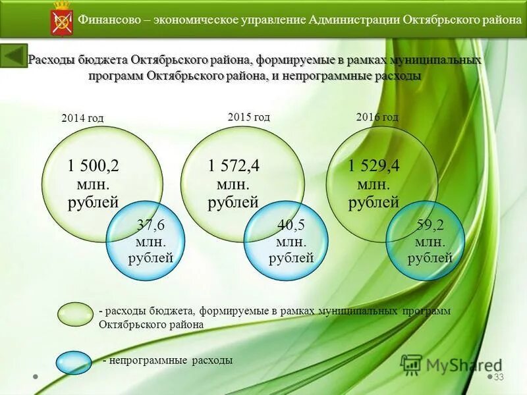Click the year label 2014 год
pos(82,118)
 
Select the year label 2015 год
pos(249,117)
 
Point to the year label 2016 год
pos(377,117)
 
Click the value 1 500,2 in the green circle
pos(94,167)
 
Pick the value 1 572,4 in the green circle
pos(233,166)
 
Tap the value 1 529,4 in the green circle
pos(374,166)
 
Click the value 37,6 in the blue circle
pos(150,225)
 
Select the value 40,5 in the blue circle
pos(291,225)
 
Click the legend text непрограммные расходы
pos(171,361)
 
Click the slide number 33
pos(499,377)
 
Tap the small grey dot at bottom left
pos(36,377)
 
